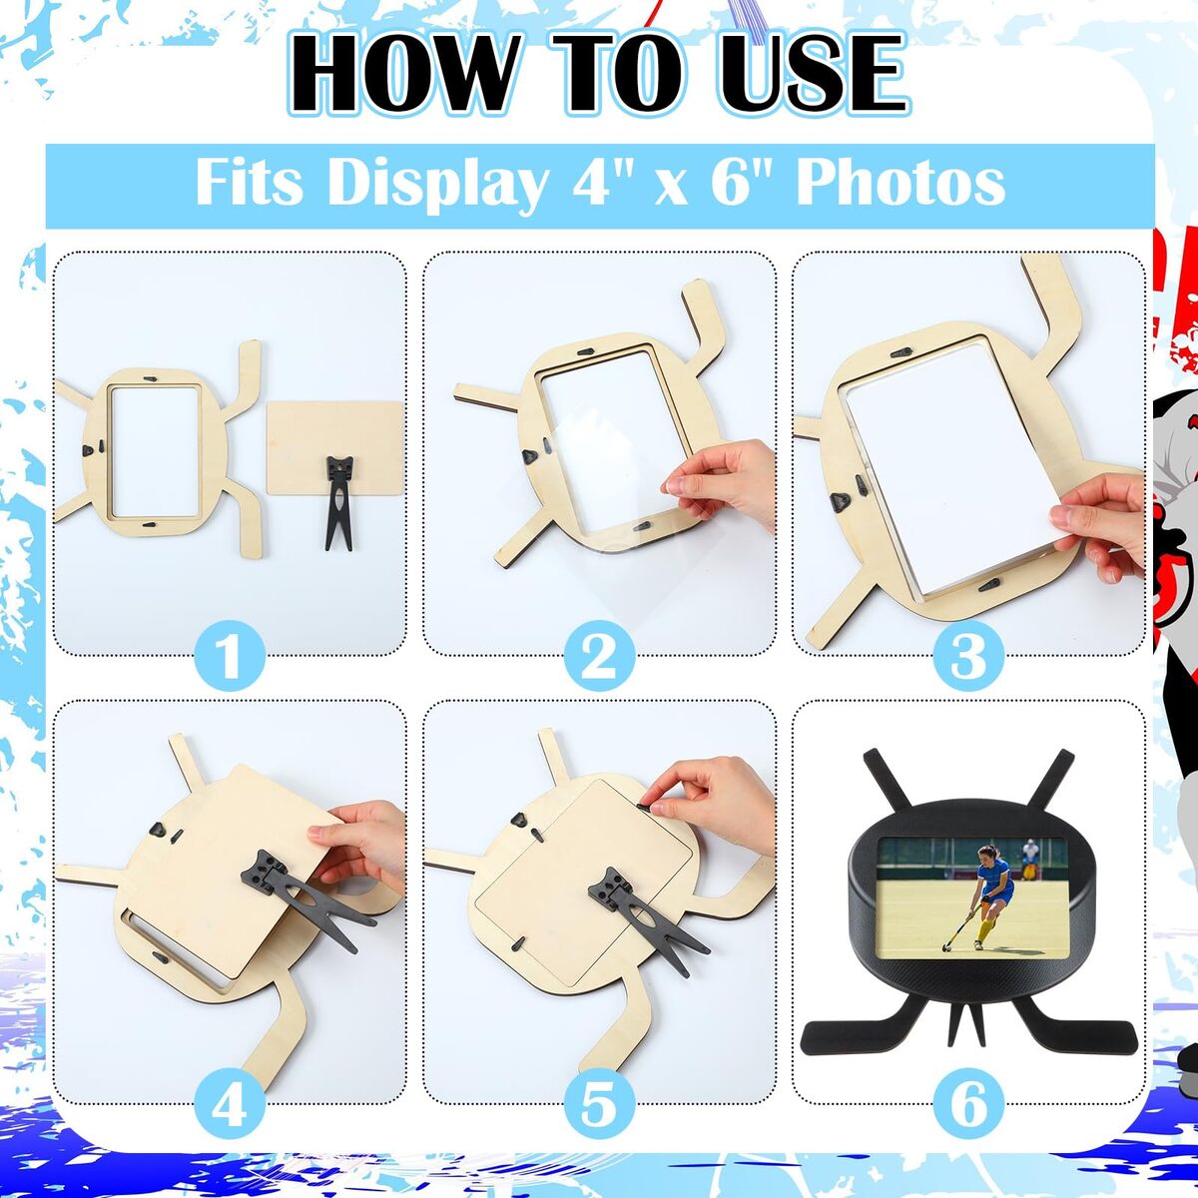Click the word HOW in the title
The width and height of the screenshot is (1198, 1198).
(x=404, y=73)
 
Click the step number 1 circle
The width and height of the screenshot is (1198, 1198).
(x=230, y=656)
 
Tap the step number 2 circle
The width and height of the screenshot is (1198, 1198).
(x=599, y=656)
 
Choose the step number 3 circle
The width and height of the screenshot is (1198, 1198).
(x=968, y=656)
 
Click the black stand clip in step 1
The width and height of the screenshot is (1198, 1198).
(x=338, y=494)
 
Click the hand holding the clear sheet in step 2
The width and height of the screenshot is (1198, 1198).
(x=721, y=482)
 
